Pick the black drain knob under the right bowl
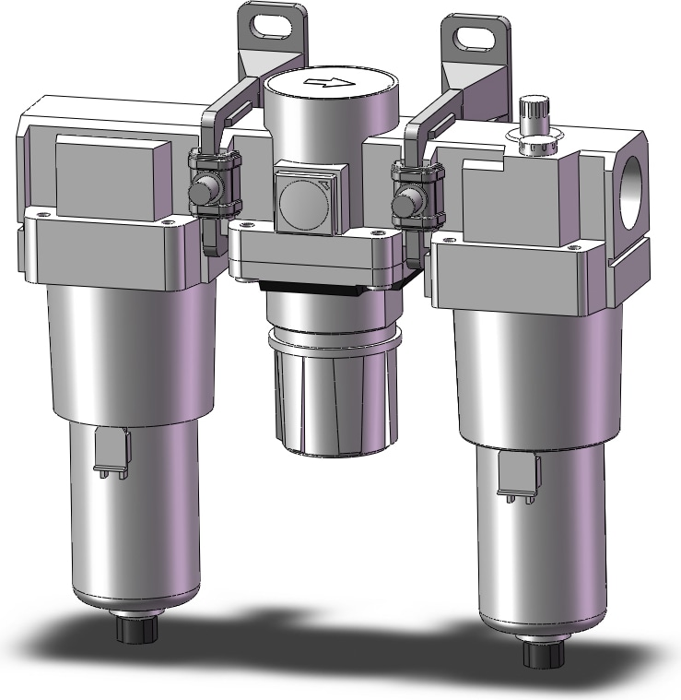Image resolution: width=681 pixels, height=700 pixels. (538, 653)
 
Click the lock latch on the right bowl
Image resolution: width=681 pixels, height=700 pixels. (516, 479)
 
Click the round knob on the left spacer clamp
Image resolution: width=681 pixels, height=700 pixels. (201, 192)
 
